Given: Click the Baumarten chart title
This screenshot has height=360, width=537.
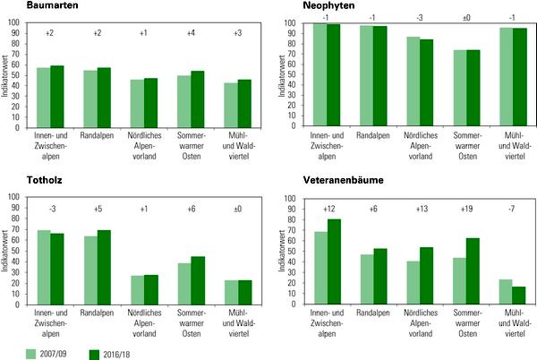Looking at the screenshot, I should tap(25, 5).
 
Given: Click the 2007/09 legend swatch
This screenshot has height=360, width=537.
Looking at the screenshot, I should tap(31, 351).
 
